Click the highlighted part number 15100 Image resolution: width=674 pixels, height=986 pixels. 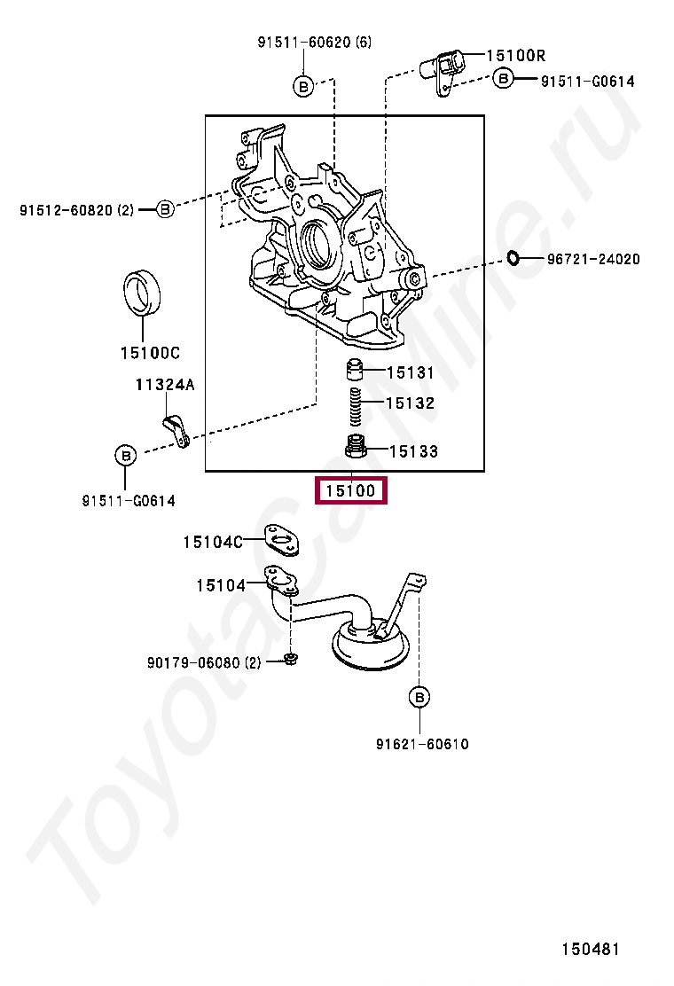351,489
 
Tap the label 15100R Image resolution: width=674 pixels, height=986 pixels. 515,55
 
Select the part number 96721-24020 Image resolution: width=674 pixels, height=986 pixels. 592,259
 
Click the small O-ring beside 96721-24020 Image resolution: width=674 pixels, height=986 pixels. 513,258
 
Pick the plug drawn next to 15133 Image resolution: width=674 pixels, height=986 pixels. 357,446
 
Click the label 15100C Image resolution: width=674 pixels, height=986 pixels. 150,353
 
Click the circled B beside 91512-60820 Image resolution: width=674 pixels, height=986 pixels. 165,209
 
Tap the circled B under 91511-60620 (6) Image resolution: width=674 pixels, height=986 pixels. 302,86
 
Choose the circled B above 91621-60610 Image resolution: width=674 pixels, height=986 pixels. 419,698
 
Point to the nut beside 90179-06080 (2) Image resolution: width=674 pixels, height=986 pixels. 291,659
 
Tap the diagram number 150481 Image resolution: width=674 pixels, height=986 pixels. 590,949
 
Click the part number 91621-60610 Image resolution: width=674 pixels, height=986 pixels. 421,744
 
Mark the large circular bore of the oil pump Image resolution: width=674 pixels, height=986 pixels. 316,243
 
